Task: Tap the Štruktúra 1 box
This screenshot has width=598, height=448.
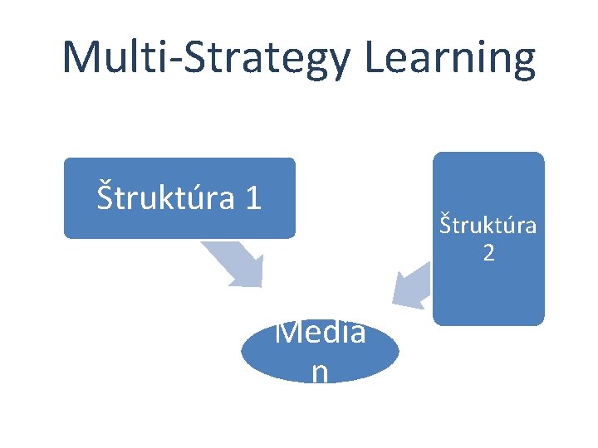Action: pyautogui.click(x=179, y=197)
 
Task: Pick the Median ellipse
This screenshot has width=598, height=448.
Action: pyautogui.click(x=320, y=353)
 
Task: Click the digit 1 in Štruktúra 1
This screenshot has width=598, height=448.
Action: pyautogui.click(x=253, y=197)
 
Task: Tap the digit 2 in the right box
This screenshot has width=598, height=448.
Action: pyautogui.click(x=488, y=253)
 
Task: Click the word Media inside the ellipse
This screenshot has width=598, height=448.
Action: pyautogui.click(x=320, y=334)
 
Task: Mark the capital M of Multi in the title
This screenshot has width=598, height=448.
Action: pyautogui.click(x=81, y=58)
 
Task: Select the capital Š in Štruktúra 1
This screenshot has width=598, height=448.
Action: pyautogui.click(x=105, y=197)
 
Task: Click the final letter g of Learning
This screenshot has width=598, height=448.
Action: pyautogui.click(x=521, y=62)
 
